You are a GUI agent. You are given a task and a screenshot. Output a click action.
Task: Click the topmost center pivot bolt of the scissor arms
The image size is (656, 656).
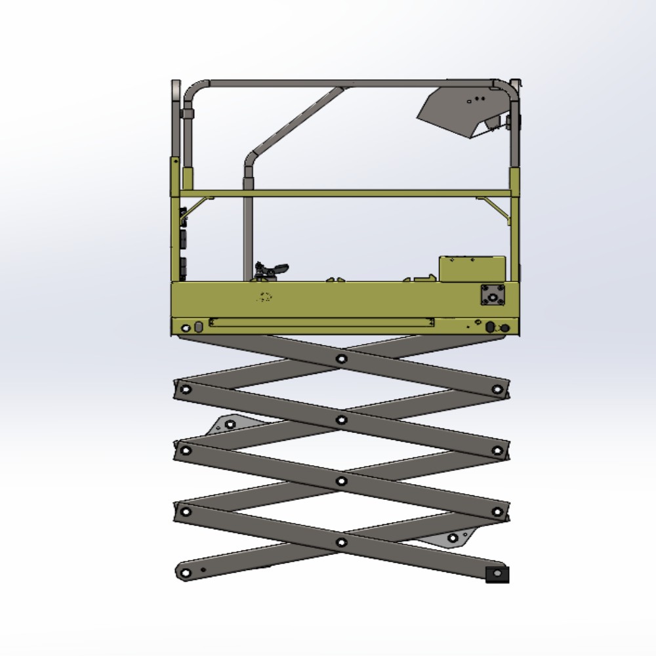click(x=341, y=359)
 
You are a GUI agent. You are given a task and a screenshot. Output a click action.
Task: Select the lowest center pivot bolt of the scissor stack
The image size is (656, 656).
click(x=341, y=543)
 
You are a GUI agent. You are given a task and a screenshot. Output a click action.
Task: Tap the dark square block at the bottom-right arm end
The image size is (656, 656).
click(x=497, y=575)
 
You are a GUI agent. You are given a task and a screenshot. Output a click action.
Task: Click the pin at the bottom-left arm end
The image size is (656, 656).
click(x=186, y=573)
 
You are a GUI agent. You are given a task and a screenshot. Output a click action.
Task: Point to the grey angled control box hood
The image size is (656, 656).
click(x=459, y=112)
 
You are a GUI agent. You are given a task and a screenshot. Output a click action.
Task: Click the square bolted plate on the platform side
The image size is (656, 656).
click(x=493, y=295)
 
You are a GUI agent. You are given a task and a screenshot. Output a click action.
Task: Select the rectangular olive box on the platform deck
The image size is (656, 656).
click(x=472, y=268)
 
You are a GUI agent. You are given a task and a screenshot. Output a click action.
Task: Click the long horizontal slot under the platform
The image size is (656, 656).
click(x=321, y=322)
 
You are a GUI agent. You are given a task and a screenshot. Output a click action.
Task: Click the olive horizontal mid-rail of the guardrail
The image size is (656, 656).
click(x=348, y=194)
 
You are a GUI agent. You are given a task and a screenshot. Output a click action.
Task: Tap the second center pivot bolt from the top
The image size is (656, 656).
click(x=341, y=420)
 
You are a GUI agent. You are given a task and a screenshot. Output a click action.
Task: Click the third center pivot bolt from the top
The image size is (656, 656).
click(x=341, y=481)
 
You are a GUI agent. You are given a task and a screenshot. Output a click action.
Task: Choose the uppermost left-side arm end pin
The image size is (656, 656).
click(x=186, y=390)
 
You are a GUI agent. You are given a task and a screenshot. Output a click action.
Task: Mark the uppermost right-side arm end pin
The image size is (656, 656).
click(x=497, y=390)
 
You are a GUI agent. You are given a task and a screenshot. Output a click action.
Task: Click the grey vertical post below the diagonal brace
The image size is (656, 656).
click(x=248, y=223)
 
